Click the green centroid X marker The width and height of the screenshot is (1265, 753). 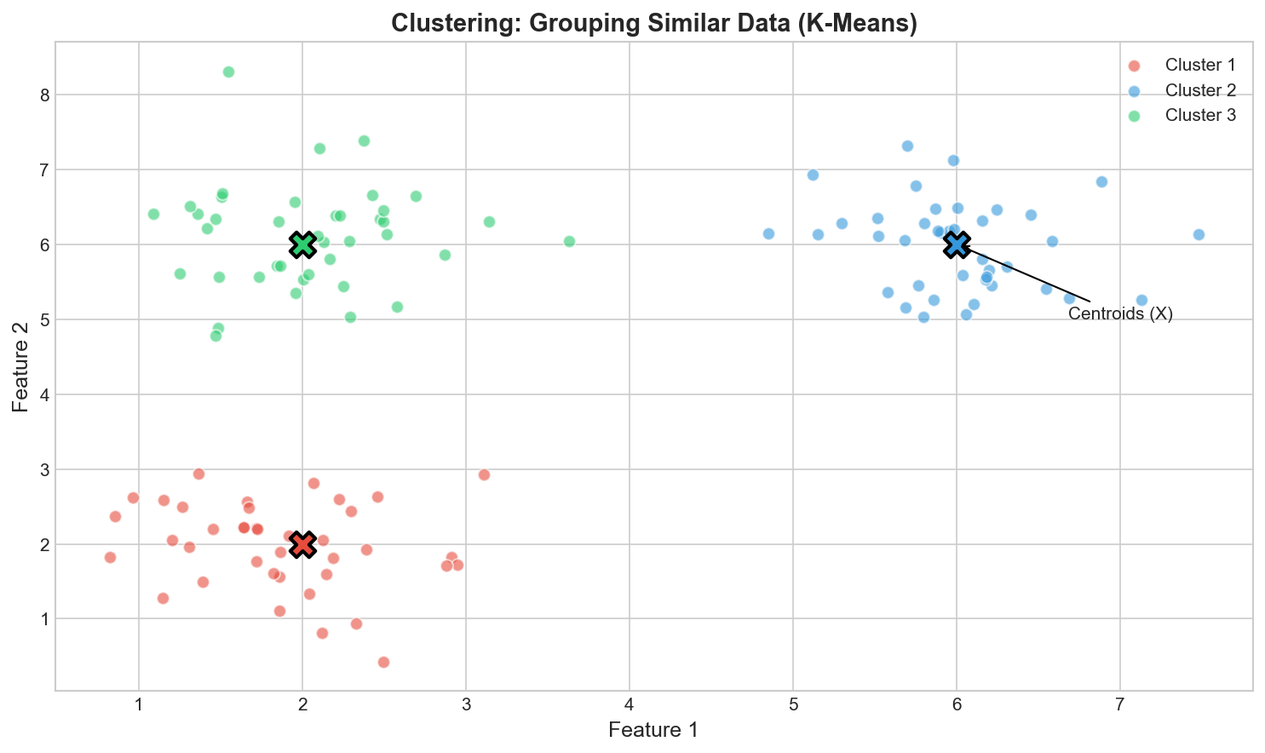pos(302,244)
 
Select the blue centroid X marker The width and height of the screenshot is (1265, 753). pos(957,244)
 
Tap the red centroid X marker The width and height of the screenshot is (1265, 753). pos(302,543)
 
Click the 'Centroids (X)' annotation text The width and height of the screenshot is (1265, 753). pos(1120,314)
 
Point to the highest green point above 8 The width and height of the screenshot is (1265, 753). pos(228,72)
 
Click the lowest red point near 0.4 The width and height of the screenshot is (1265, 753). pos(383,662)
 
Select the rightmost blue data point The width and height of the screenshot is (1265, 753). pos(1199,234)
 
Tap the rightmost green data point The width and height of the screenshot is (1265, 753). pos(569,241)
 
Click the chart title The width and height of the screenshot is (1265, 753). pos(653,23)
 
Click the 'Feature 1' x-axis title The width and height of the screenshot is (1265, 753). pos(653,729)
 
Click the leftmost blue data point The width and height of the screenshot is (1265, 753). pos(768,233)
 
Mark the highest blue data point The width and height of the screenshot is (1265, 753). pos(907,146)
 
